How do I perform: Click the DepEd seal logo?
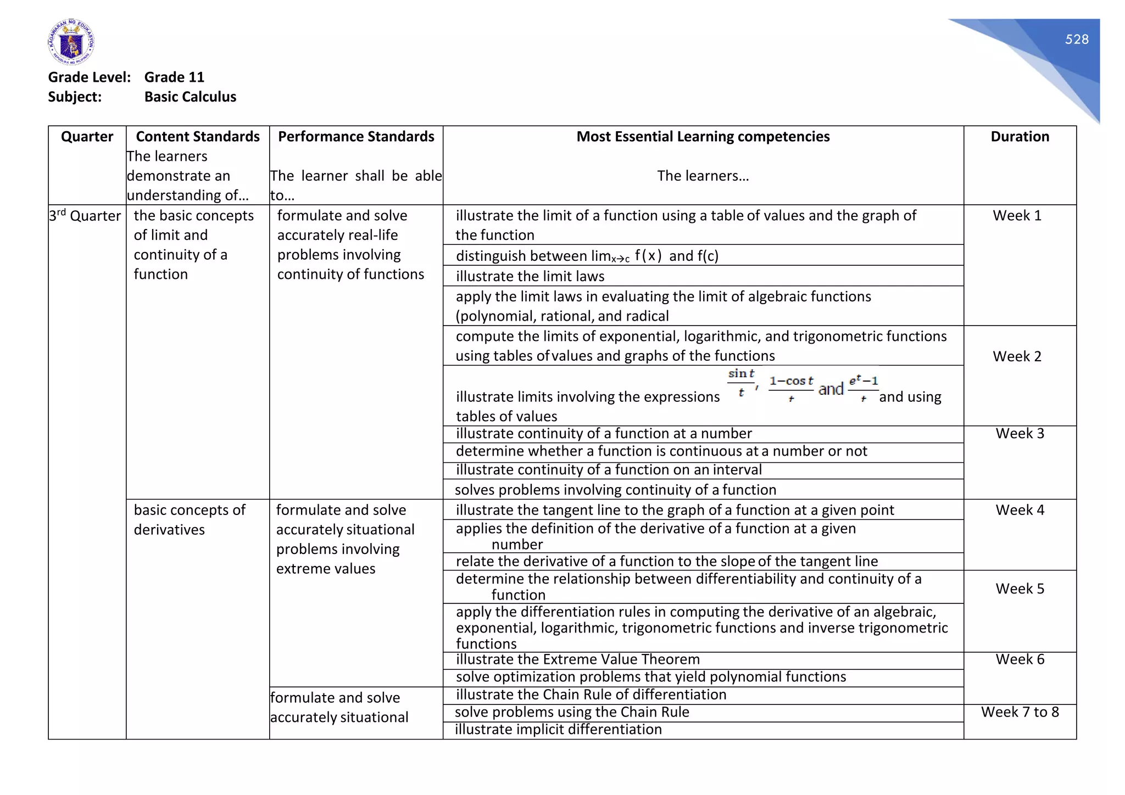tap(71, 42)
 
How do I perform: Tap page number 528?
tap(1076, 40)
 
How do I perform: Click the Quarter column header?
tap(87, 137)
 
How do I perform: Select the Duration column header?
tap(1020, 137)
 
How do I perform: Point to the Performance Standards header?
tap(356, 137)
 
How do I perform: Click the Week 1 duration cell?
tap(1017, 216)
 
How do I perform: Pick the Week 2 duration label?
tap(1017, 356)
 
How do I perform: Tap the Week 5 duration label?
tap(1020, 589)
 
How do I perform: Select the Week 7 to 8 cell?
tap(1020, 712)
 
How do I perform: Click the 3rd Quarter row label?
tap(85, 216)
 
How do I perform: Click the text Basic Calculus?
tap(190, 97)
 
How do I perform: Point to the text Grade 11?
tap(174, 77)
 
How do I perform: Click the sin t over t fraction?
tap(741, 383)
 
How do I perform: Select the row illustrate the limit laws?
tap(530, 276)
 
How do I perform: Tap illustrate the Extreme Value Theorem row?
tap(577, 659)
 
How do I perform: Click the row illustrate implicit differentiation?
tap(558, 730)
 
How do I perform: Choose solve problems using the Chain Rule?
tap(572, 712)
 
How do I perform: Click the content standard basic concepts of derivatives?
tap(189, 519)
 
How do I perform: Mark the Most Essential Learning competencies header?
tap(703, 137)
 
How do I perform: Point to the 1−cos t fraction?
tap(791, 388)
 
